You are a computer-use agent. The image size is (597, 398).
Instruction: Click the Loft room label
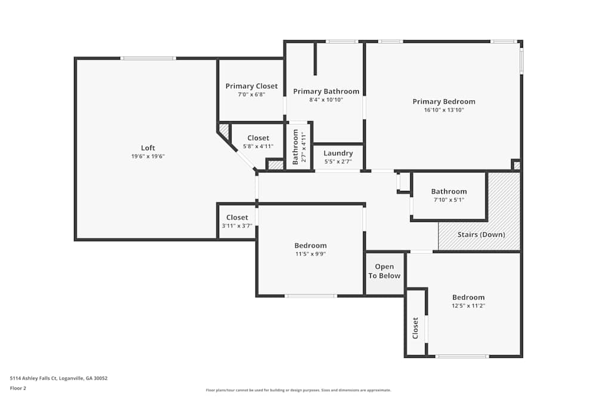(x=147, y=147)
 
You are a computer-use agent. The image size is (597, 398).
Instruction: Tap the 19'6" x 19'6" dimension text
(x=147, y=156)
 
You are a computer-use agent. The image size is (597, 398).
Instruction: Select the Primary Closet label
(x=251, y=86)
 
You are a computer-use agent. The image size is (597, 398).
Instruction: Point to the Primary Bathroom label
(x=326, y=91)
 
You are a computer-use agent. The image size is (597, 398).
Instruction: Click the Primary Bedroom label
(x=444, y=101)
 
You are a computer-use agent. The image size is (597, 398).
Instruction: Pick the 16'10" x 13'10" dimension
(x=444, y=110)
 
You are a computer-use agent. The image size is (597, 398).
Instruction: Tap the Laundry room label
(x=338, y=153)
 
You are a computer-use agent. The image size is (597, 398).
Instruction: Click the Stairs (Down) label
(x=481, y=235)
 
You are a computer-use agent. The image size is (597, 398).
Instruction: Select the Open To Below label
(x=384, y=271)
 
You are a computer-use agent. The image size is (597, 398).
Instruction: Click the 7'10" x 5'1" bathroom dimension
(x=449, y=200)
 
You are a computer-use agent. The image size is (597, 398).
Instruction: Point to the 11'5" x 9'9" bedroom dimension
(x=310, y=254)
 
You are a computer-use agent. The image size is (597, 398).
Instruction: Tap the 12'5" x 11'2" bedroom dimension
(x=468, y=306)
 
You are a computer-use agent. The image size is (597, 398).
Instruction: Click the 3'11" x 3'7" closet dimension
(x=237, y=226)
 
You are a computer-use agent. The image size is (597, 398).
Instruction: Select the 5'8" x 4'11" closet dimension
(x=258, y=146)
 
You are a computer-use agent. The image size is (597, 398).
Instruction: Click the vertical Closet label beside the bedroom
(x=416, y=328)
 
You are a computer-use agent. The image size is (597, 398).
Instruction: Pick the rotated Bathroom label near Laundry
(x=295, y=147)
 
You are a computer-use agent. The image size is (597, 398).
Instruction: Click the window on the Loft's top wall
(x=148, y=58)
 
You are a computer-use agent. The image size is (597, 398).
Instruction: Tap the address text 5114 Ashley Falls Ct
(x=33, y=378)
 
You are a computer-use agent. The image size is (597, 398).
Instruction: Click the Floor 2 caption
(x=18, y=388)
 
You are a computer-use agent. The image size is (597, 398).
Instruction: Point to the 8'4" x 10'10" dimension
(x=326, y=100)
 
